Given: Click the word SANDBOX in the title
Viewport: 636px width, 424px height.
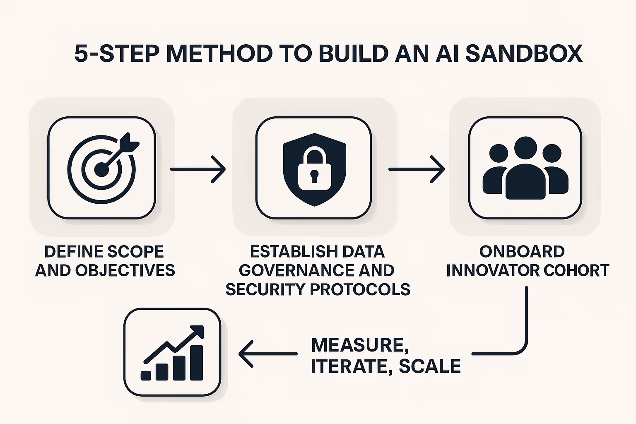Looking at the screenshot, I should point(524,54).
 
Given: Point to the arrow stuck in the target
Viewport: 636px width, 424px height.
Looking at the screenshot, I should point(124,148).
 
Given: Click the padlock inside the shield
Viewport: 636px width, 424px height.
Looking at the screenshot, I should point(314,169).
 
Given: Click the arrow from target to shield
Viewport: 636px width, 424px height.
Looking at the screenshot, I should point(198,169).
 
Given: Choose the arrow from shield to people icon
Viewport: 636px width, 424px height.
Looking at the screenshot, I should point(416,169).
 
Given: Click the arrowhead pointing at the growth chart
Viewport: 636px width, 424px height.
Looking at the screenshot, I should point(246,354).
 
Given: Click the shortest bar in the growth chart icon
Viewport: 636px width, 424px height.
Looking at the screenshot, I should point(146,375).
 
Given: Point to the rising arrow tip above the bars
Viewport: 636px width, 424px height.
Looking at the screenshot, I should point(198,331).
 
